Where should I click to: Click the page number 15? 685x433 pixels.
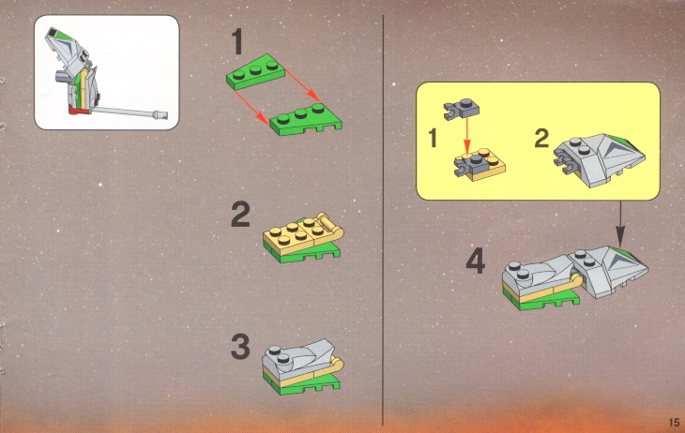(x=674, y=423)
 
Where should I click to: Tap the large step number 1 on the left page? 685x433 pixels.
(x=237, y=41)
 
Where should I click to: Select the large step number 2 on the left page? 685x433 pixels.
(x=241, y=215)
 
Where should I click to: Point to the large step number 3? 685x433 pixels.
(x=241, y=347)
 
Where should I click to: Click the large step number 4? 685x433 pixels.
(x=476, y=261)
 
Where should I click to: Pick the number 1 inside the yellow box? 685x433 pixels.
(x=433, y=138)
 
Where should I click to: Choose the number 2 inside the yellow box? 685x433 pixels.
(x=541, y=138)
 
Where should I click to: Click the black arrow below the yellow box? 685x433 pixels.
(x=620, y=223)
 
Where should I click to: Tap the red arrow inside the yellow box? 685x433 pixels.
(x=467, y=134)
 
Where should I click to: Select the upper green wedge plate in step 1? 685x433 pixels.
(x=254, y=73)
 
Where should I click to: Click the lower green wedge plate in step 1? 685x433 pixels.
(x=306, y=120)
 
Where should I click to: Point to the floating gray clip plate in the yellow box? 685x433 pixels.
(x=462, y=109)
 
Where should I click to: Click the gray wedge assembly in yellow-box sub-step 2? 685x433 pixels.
(x=600, y=159)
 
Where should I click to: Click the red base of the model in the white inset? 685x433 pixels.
(x=78, y=109)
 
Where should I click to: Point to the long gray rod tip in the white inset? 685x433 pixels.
(x=160, y=115)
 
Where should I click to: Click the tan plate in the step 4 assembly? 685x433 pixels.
(x=541, y=293)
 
